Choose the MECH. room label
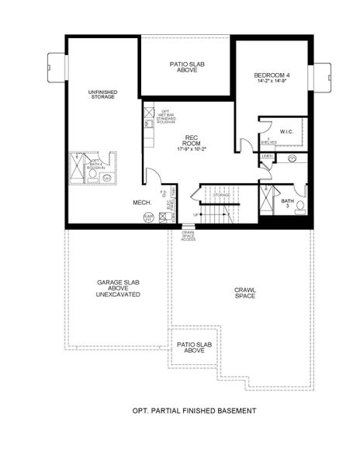141,202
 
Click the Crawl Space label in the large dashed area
245,293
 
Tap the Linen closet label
267,157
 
